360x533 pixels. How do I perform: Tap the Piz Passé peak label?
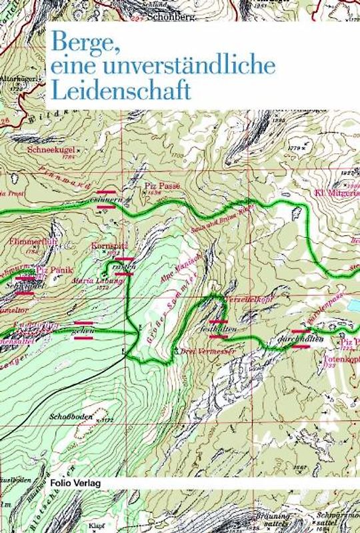[162, 188]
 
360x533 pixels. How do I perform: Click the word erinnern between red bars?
[107, 199]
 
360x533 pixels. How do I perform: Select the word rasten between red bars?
[125, 266]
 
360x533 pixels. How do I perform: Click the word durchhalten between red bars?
[301, 338]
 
